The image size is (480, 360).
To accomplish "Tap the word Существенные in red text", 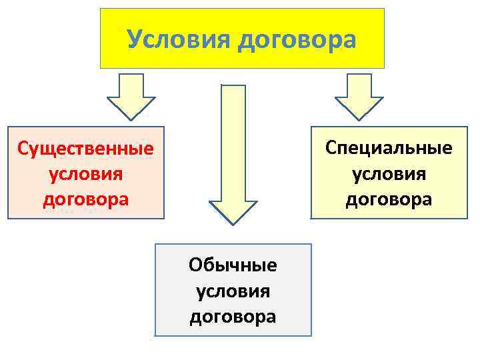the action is pyautogui.click(x=85, y=147).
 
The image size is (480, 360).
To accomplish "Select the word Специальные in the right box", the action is pyautogui.click(x=389, y=147).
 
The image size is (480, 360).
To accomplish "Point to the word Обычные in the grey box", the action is pyautogui.click(x=233, y=265).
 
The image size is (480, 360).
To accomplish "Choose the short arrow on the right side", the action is pyautogui.click(x=359, y=96).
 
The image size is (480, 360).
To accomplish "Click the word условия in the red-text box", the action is pyautogui.click(x=85, y=173).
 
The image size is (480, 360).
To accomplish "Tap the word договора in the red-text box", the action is pyautogui.click(x=85, y=199).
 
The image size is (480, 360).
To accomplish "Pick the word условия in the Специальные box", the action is pyautogui.click(x=389, y=173).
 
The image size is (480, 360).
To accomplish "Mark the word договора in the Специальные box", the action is pyautogui.click(x=389, y=199).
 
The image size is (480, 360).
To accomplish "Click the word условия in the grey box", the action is pyautogui.click(x=233, y=291).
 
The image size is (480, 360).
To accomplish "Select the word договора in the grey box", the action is pyautogui.click(x=233, y=316).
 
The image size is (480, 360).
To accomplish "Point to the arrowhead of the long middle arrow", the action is pyautogui.click(x=233, y=212).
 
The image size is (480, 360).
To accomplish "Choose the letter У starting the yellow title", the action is pyautogui.click(x=135, y=39).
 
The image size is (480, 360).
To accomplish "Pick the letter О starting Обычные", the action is pyautogui.click(x=195, y=265).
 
